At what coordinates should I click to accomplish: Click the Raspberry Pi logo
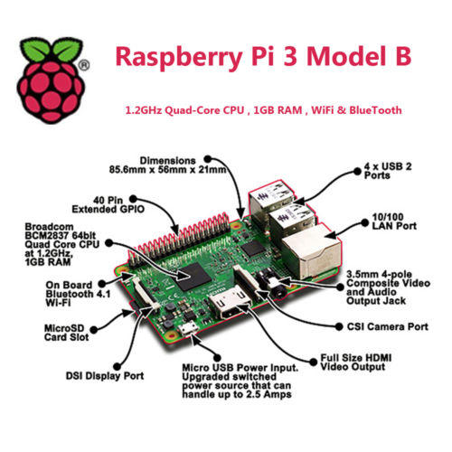pos(50,80)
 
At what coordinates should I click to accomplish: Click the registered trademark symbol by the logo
pos(84,65)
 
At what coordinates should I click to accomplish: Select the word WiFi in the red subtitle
pos(323,110)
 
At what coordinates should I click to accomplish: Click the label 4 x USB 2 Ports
pos(388,171)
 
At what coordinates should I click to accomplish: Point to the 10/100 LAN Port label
pos(394,221)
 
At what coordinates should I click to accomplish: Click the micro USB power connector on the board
pos(187,328)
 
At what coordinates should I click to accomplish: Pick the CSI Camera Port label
pos(388,326)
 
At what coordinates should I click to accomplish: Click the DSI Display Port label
pos(105,376)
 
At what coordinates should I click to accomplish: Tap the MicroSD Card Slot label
pos(67,333)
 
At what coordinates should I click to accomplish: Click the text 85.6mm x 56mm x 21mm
pos(167,170)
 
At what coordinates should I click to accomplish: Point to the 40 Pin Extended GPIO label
pos(108,204)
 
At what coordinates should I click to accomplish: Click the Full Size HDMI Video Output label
pos(355,363)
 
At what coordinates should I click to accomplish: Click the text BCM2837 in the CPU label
pos(48,235)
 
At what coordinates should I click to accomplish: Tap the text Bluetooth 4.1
pos(78,294)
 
